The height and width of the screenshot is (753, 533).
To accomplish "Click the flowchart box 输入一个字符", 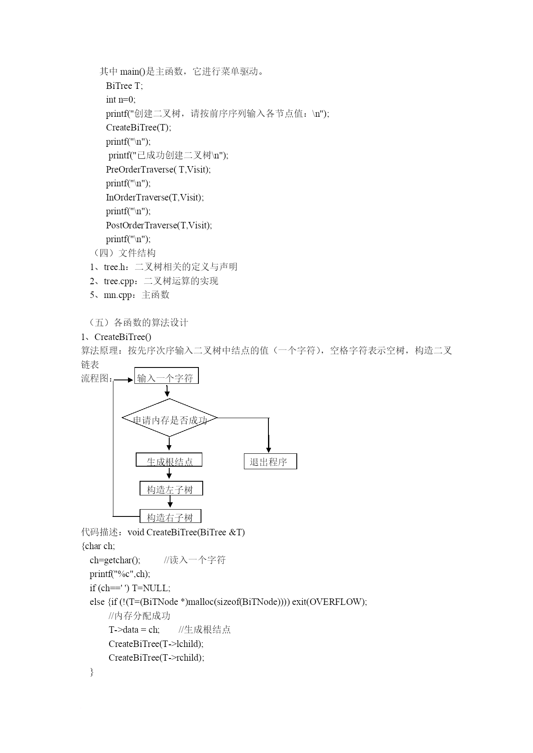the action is [x=167, y=376].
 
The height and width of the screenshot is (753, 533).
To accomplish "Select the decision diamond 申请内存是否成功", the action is [x=170, y=418].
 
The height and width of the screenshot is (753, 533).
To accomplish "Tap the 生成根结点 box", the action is [x=169, y=460].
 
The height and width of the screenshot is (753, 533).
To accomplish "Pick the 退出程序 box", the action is [x=270, y=461].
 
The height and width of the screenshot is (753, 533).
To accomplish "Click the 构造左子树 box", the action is [x=171, y=488].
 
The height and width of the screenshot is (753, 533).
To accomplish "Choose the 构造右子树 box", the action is [x=171, y=516].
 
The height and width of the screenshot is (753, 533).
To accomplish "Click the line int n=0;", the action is [x=121, y=100].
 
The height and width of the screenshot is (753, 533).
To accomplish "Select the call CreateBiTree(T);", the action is [x=138, y=128].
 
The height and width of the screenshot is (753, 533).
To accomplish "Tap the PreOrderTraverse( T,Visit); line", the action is [x=158, y=169].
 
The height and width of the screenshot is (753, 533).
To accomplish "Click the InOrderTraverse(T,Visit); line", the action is [x=155, y=197].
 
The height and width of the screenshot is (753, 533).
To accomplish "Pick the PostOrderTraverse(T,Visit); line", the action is [x=159, y=225].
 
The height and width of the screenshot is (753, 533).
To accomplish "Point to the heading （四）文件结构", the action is [x=123, y=253].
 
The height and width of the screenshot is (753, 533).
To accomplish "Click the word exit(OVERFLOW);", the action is [x=329, y=602].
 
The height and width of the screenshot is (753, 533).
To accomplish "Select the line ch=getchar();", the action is [x=115, y=560].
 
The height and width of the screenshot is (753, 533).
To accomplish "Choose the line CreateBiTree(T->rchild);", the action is [x=156, y=658].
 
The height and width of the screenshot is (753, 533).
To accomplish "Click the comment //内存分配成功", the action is [x=140, y=616].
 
